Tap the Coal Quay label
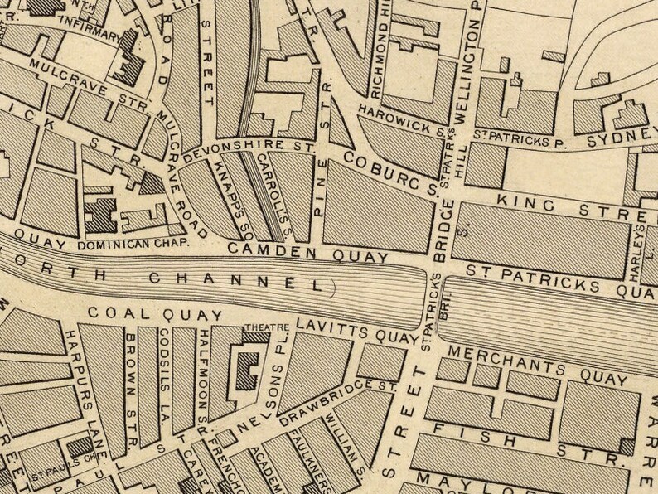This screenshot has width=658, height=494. pyautogui.click(x=155, y=315)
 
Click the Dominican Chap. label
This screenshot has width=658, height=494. pyautogui.click(x=134, y=245)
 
